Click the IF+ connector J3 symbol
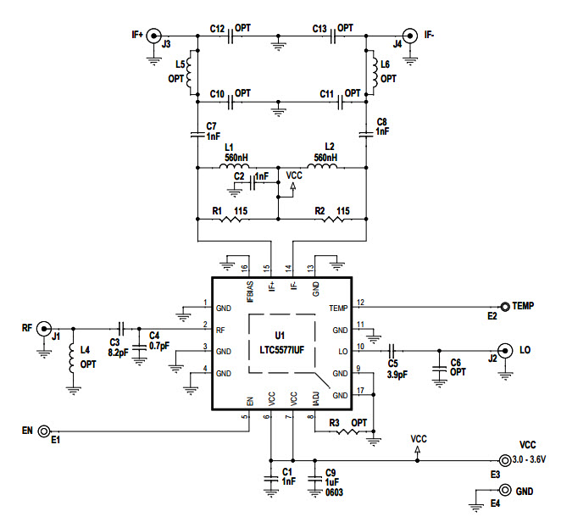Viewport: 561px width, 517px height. point(154,36)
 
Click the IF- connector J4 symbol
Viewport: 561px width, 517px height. point(409,36)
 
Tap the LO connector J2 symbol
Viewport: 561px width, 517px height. point(504,349)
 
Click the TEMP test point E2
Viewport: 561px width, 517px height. point(505,306)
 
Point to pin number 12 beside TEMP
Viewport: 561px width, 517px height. point(360,302)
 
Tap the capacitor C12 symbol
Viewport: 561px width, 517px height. point(228,36)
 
